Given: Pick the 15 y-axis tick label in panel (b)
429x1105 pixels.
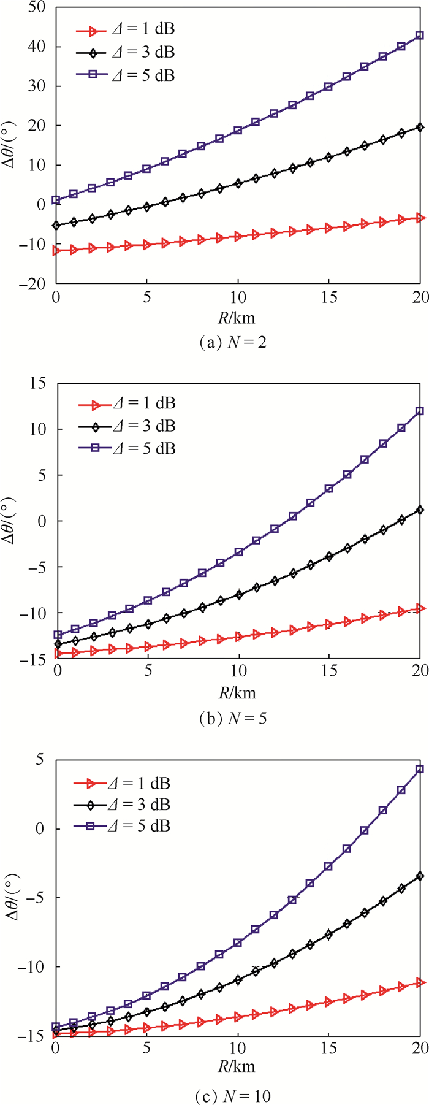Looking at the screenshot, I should pyautogui.click(x=40, y=383).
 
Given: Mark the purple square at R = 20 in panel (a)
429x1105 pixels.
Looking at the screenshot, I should pyautogui.click(x=420, y=36).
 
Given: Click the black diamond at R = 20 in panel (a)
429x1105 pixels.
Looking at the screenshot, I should pyautogui.click(x=420, y=127).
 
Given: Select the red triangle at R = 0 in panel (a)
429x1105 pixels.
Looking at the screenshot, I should pyautogui.click(x=57, y=250).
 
